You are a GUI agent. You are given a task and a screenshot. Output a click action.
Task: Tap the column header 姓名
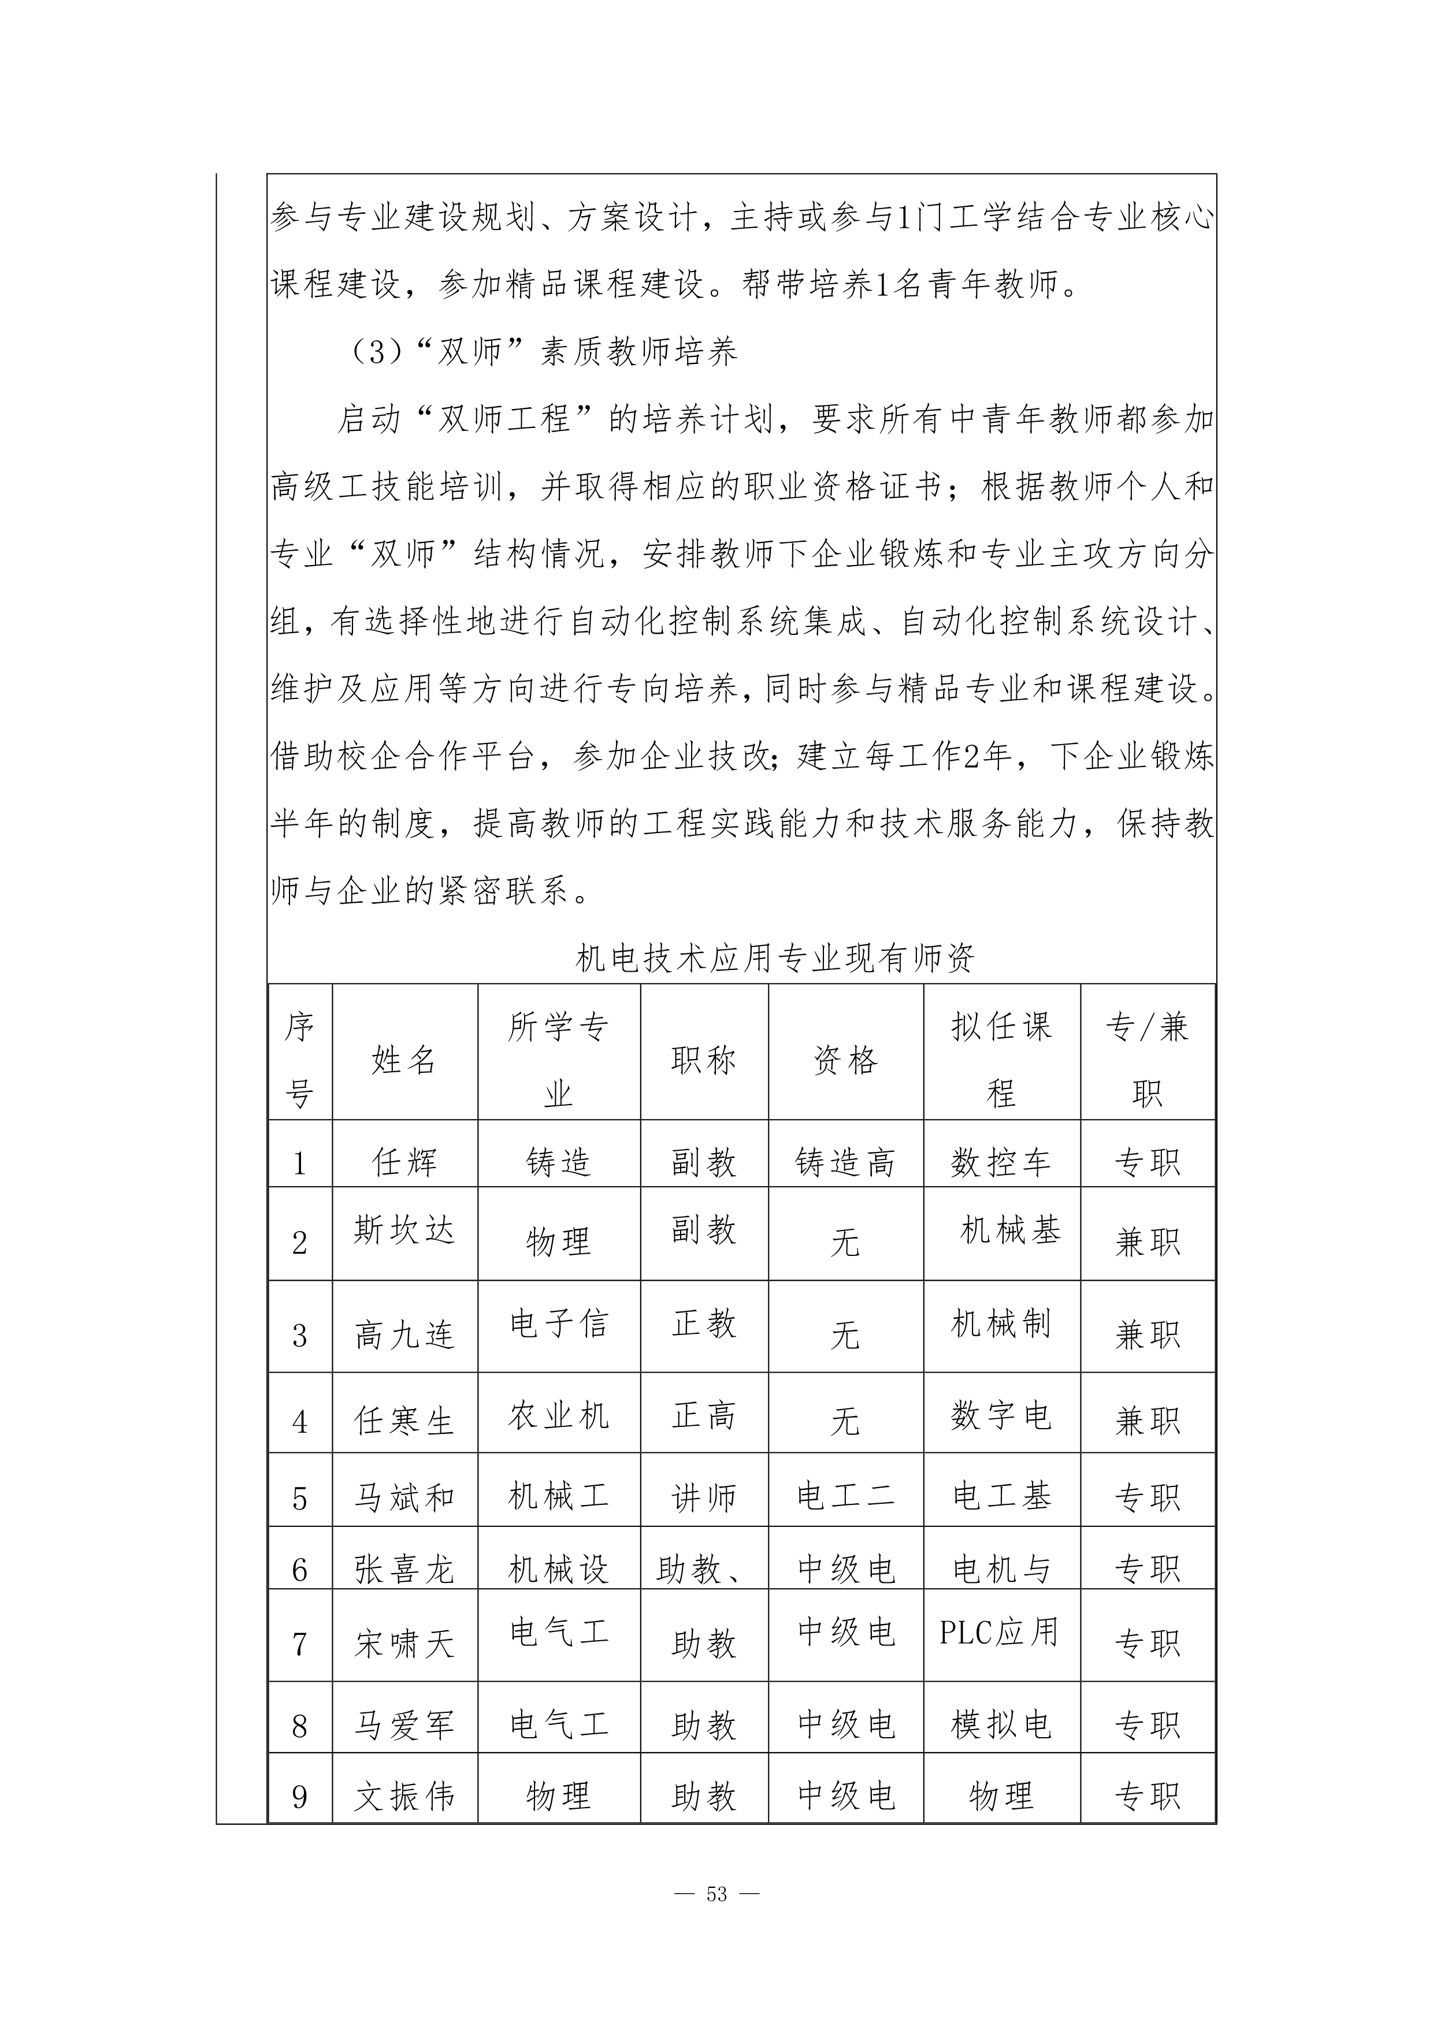[404, 1060]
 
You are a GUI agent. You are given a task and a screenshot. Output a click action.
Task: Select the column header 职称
[703, 1060]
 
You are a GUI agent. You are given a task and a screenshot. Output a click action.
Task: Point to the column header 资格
[845, 1060]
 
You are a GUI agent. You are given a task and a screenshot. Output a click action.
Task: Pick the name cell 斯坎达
[404, 1229]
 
